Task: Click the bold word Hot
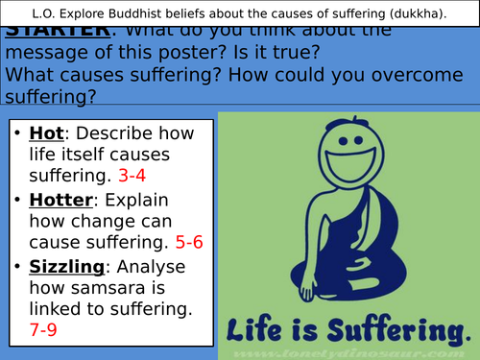(44, 134)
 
